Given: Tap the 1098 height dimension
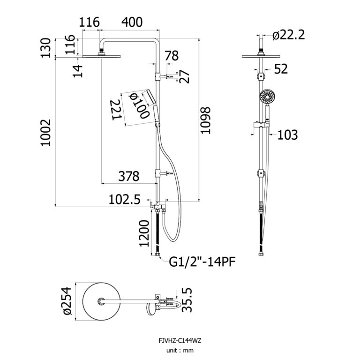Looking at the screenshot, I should coord(207,121).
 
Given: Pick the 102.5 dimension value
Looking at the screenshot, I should coord(124,200).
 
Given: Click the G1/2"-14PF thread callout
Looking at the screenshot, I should coord(202,261).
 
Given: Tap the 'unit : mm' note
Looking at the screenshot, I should coord(180,350).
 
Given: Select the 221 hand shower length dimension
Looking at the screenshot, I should coord(117,110).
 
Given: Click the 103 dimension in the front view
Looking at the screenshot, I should coord(287,135).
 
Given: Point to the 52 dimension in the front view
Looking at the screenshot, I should coord(280,69).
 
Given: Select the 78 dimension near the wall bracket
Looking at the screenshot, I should coord(172,56).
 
